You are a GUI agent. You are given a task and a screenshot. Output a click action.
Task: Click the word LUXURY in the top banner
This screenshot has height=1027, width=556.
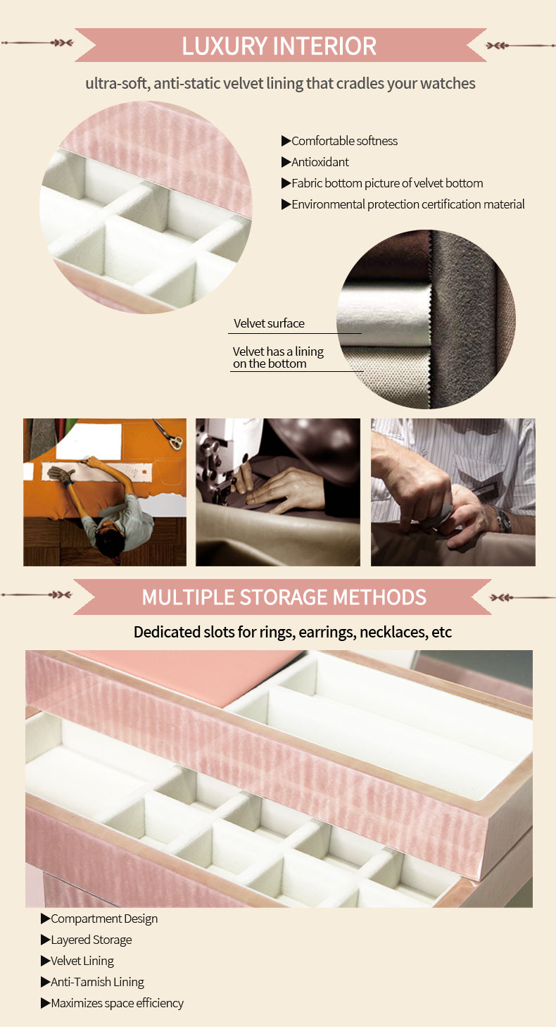225,46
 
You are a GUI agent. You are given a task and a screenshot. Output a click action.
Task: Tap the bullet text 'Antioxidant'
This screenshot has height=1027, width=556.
320,162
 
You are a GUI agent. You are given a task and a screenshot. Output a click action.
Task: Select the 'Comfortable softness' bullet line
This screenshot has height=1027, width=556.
344,141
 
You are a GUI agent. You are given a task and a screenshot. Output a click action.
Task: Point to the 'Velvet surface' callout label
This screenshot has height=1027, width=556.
269,323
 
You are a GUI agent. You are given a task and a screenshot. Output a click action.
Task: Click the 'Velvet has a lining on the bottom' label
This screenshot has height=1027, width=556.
278,357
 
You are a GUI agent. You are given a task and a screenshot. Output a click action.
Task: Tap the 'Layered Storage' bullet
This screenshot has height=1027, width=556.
91,940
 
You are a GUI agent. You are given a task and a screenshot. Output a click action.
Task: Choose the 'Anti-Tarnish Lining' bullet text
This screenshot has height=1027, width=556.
97,982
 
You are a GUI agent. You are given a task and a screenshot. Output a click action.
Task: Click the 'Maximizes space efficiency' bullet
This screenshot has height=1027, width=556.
117,1003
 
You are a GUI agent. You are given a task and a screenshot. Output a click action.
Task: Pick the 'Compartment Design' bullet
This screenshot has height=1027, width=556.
104,919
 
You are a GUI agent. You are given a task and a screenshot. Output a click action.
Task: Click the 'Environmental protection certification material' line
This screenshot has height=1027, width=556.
408,204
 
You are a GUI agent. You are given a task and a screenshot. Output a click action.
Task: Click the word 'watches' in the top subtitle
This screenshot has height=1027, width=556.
448,83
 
